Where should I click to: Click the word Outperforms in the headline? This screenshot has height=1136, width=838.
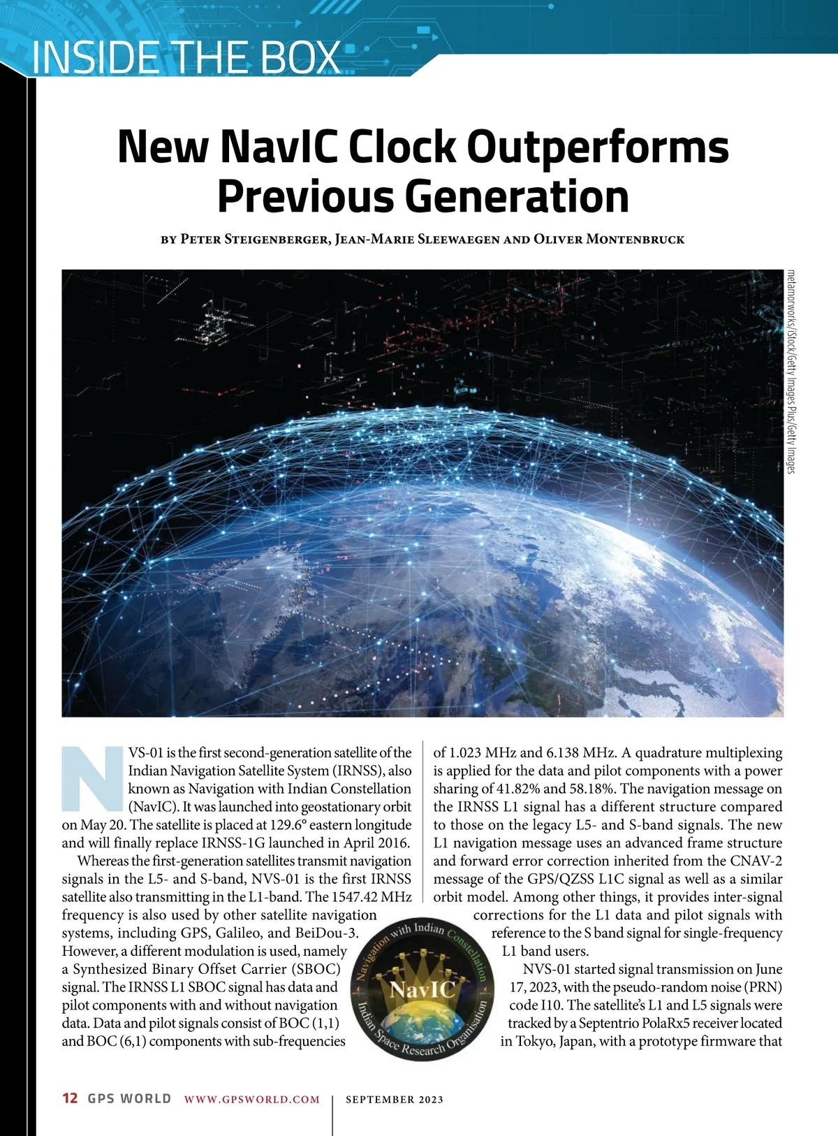(x=597, y=147)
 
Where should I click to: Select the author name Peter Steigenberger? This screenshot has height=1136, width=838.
(x=254, y=239)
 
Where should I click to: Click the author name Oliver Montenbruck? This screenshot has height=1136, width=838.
(x=609, y=239)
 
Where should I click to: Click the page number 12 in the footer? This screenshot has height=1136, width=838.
(x=70, y=1098)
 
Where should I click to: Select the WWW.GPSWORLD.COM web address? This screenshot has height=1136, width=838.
(x=252, y=1099)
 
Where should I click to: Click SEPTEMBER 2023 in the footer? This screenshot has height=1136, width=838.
(x=395, y=1099)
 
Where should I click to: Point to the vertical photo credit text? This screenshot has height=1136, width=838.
(x=791, y=371)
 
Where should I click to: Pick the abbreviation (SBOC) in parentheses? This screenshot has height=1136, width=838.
(x=315, y=969)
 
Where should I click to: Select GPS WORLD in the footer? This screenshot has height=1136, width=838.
(x=129, y=1098)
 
